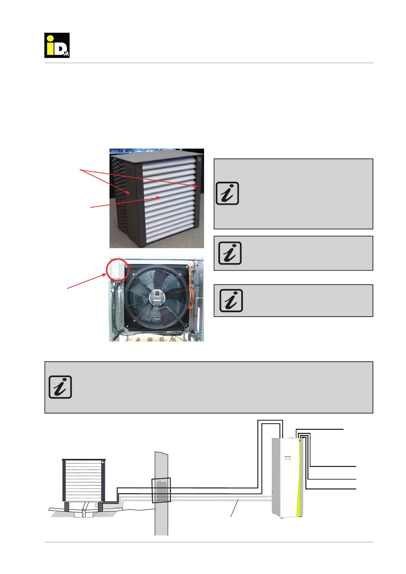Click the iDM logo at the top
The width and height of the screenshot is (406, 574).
(57, 45)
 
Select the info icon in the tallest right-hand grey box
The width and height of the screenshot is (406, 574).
(227, 194)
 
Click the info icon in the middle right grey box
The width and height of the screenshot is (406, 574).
(230, 253)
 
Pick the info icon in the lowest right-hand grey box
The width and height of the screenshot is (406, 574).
(231, 301)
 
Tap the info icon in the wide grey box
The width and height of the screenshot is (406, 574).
(60, 387)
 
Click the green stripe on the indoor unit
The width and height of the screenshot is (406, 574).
(299, 484)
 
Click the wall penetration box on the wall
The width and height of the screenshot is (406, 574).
(161, 490)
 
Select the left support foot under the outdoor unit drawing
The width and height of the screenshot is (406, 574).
(67, 507)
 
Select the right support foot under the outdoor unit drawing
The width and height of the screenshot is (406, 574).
(100, 507)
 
